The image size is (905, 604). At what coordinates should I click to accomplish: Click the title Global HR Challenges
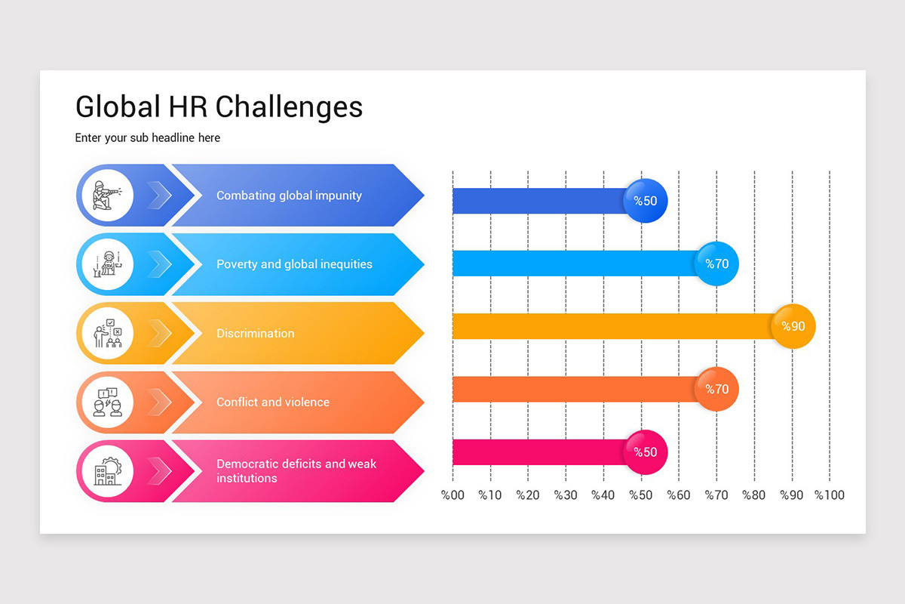(219, 106)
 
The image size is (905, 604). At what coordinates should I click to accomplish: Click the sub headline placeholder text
(147, 138)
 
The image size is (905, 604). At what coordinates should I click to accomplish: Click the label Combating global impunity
(289, 196)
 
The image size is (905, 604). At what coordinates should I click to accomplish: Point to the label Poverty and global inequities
(294, 264)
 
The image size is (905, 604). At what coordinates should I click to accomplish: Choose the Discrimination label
(255, 333)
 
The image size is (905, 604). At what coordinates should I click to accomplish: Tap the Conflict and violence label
(272, 402)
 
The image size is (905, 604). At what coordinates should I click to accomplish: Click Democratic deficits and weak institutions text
(296, 471)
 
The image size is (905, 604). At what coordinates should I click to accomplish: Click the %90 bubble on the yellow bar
(793, 326)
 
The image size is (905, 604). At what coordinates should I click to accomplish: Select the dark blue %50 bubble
(646, 201)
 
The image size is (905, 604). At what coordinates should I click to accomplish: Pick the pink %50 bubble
(646, 452)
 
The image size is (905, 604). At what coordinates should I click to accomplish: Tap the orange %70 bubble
(717, 390)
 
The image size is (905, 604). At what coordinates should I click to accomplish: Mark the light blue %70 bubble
(717, 263)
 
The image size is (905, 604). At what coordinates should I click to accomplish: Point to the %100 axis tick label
(830, 495)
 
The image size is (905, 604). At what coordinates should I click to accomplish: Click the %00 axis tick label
(452, 495)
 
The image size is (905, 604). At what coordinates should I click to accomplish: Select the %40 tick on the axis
(603, 495)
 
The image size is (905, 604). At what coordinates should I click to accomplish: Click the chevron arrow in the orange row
(160, 402)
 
